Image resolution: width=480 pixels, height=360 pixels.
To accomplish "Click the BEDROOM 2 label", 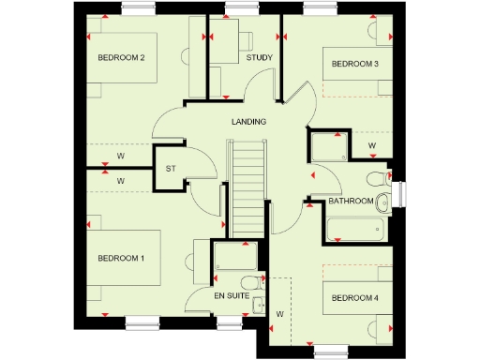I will click(x=121, y=57).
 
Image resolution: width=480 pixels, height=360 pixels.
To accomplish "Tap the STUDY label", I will click(x=260, y=58).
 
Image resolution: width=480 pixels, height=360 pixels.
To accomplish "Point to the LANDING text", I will click(x=249, y=122).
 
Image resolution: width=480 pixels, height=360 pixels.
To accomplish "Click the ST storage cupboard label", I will click(x=171, y=169).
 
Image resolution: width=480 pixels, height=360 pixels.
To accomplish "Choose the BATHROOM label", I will click(x=351, y=201).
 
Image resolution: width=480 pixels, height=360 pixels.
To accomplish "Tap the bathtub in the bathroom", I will click(x=354, y=228).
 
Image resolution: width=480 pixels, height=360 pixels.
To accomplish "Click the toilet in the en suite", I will click(x=248, y=282).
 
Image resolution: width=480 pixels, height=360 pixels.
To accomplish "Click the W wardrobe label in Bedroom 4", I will click(x=279, y=314).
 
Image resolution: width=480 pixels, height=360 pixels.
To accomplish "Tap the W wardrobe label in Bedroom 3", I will click(x=371, y=146).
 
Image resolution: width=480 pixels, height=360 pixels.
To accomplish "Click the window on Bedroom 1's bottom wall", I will click(x=144, y=322).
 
